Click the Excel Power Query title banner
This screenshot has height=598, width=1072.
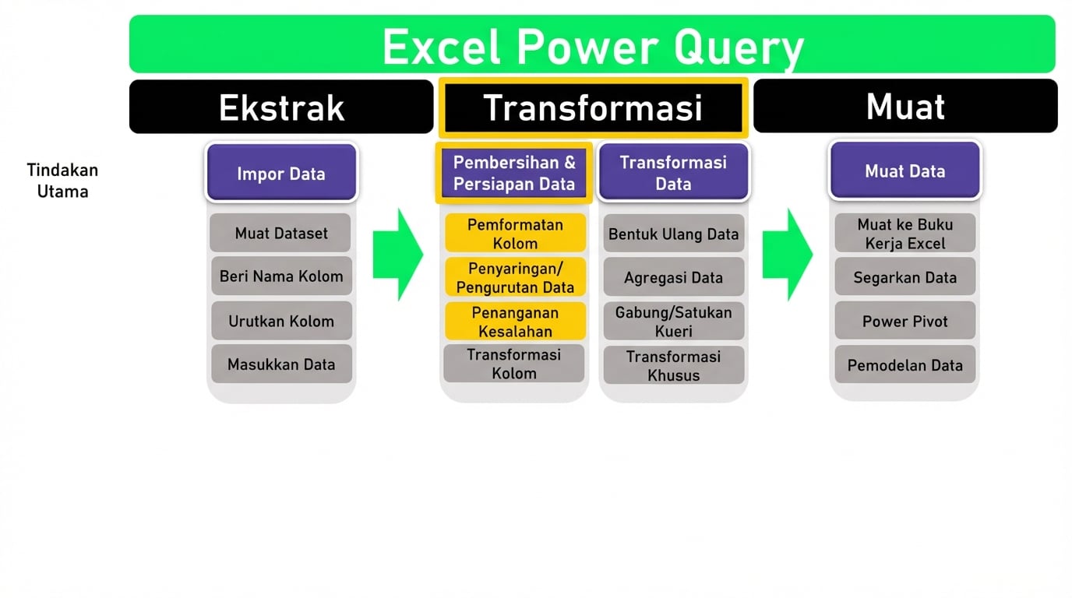[592, 45]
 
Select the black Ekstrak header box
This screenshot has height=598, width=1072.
[281, 107]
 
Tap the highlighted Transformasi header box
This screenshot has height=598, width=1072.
[593, 107]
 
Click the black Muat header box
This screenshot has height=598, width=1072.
[905, 106]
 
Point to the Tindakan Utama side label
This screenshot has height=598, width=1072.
[62, 181]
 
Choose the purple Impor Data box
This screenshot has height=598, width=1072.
[281, 173]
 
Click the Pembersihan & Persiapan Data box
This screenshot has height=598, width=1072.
[514, 173]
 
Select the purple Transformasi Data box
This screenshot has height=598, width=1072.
[673, 173]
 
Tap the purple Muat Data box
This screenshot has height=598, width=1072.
[905, 171]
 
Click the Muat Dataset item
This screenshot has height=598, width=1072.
[281, 233]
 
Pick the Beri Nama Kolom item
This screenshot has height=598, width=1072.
[281, 276]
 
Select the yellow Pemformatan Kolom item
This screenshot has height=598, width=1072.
[515, 234]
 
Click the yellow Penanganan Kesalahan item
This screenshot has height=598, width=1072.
[515, 322]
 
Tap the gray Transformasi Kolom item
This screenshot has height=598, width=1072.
[514, 364]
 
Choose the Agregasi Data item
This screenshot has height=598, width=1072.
[673, 277]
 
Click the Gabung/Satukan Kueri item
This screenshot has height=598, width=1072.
[673, 322]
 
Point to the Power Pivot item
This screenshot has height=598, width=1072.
[905, 321]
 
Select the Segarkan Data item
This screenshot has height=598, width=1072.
[905, 277]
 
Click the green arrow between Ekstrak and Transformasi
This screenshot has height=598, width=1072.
[397, 254]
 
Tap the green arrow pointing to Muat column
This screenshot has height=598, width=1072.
[787, 254]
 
